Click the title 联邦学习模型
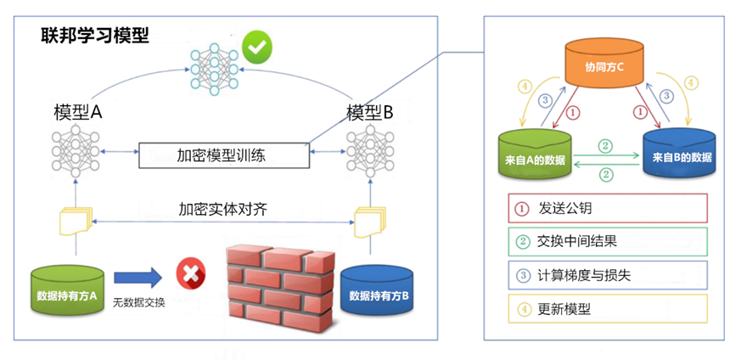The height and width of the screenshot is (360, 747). click(94, 35)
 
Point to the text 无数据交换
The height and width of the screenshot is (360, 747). click(138, 302)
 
